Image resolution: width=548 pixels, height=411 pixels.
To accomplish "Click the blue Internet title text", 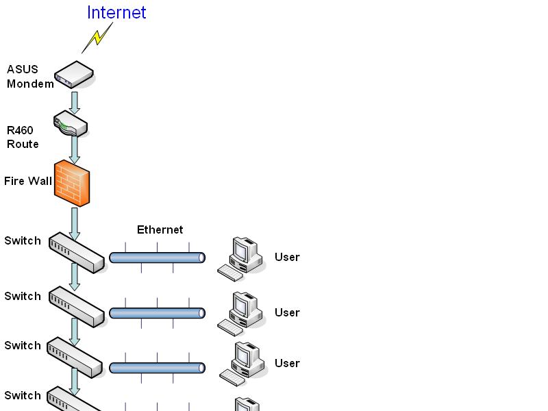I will point(116,12).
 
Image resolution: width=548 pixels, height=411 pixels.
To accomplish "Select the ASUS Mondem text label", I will point(29,77).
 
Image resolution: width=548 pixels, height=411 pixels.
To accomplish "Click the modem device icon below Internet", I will point(74,74).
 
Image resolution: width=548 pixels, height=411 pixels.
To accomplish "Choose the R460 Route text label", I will point(23,137).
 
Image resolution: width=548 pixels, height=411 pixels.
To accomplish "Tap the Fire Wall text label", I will point(28,181).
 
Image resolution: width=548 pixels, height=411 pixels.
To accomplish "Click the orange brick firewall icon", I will point(72,183).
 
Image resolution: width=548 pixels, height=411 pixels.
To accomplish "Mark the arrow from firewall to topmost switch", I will point(75,223).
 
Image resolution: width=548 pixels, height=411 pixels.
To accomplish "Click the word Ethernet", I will point(160,230).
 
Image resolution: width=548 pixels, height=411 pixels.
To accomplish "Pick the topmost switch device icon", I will point(76,252).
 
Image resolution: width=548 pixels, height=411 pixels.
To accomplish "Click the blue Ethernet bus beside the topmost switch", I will point(157,258).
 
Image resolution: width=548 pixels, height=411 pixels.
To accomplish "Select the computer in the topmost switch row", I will point(241,258).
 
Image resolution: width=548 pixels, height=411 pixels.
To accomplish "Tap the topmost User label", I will point(287,258).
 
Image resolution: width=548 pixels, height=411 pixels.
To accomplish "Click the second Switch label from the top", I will point(23,297).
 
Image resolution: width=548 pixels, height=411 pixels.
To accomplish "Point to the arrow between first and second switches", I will point(75,276).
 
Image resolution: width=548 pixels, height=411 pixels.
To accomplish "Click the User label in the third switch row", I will point(287,363).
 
